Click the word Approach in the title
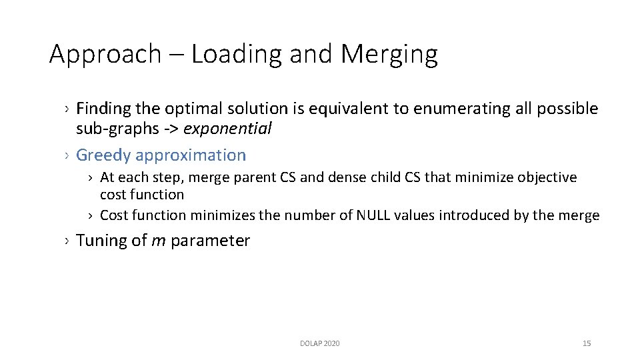tap(105, 54)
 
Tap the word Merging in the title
tap(389, 54)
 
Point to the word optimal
tap(190, 109)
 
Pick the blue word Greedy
tap(103, 155)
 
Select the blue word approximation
tap(191, 155)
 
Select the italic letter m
tap(159, 241)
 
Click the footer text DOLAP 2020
tap(319, 343)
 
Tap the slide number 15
tap(587, 343)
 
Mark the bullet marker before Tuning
tap(67, 241)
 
